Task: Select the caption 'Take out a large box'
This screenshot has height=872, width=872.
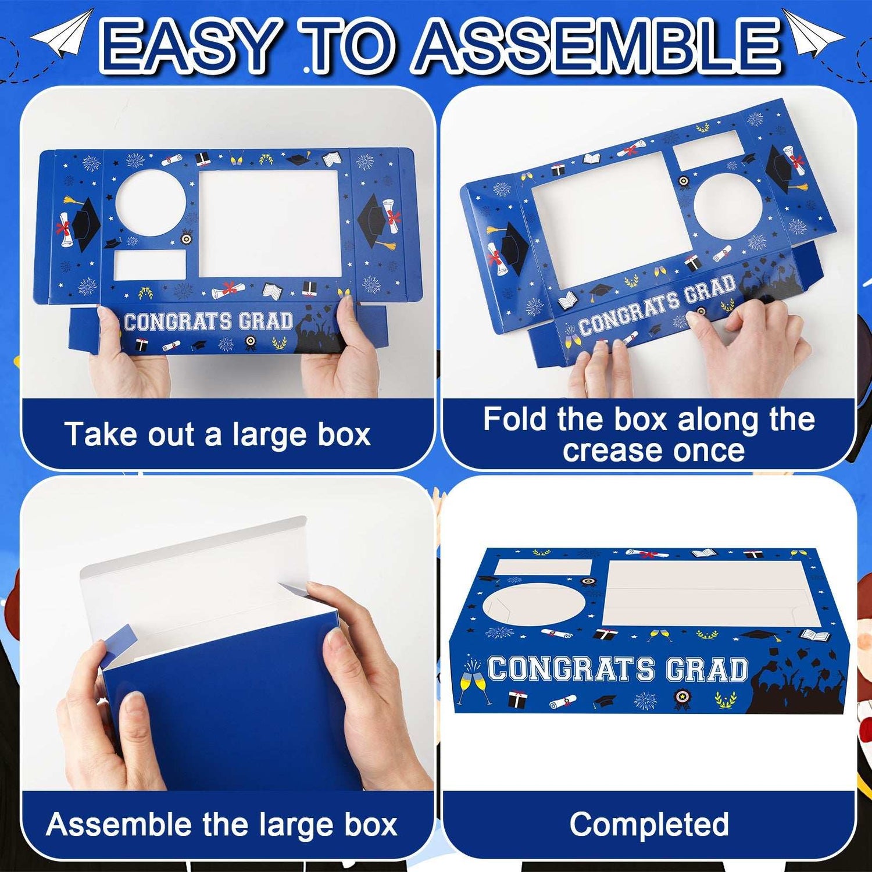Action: click(217, 434)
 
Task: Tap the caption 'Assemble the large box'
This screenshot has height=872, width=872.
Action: click(221, 824)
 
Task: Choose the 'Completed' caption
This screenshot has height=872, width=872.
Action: click(649, 824)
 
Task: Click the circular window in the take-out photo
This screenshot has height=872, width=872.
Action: click(151, 203)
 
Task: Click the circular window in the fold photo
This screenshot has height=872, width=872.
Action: click(728, 206)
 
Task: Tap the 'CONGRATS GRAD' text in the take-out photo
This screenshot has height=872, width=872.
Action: click(208, 321)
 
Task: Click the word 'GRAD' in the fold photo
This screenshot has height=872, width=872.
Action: click(710, 292)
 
